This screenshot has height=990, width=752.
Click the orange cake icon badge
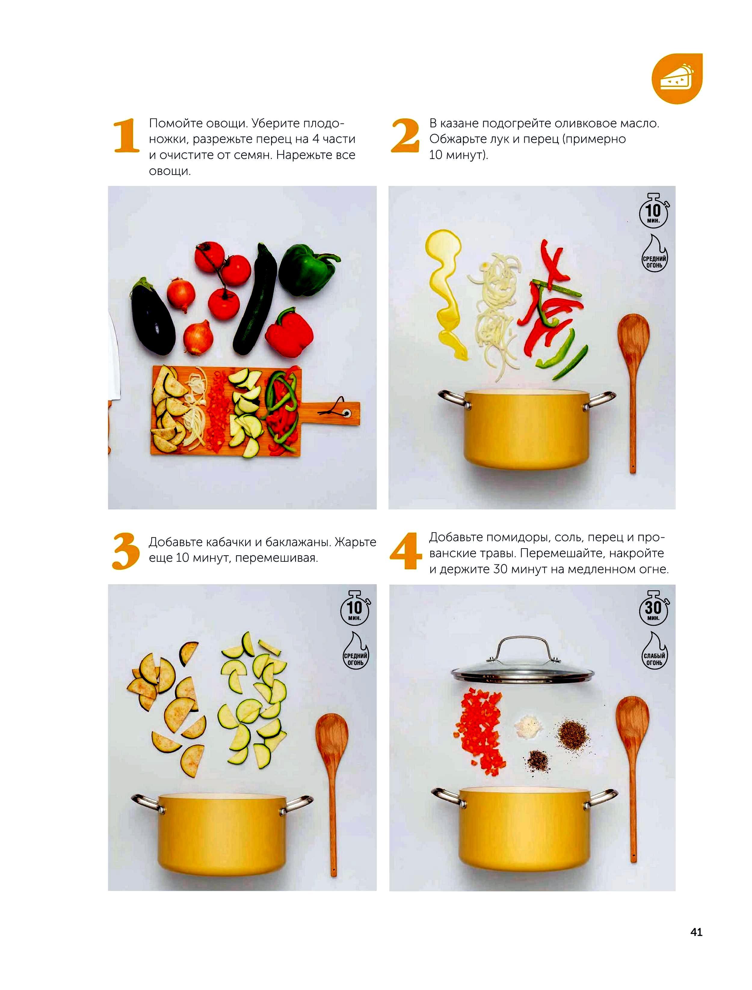[677, 79]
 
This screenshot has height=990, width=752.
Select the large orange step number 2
[405, 136]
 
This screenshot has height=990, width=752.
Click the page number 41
[696, 932]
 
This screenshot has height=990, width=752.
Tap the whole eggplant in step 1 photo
[152, 316]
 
